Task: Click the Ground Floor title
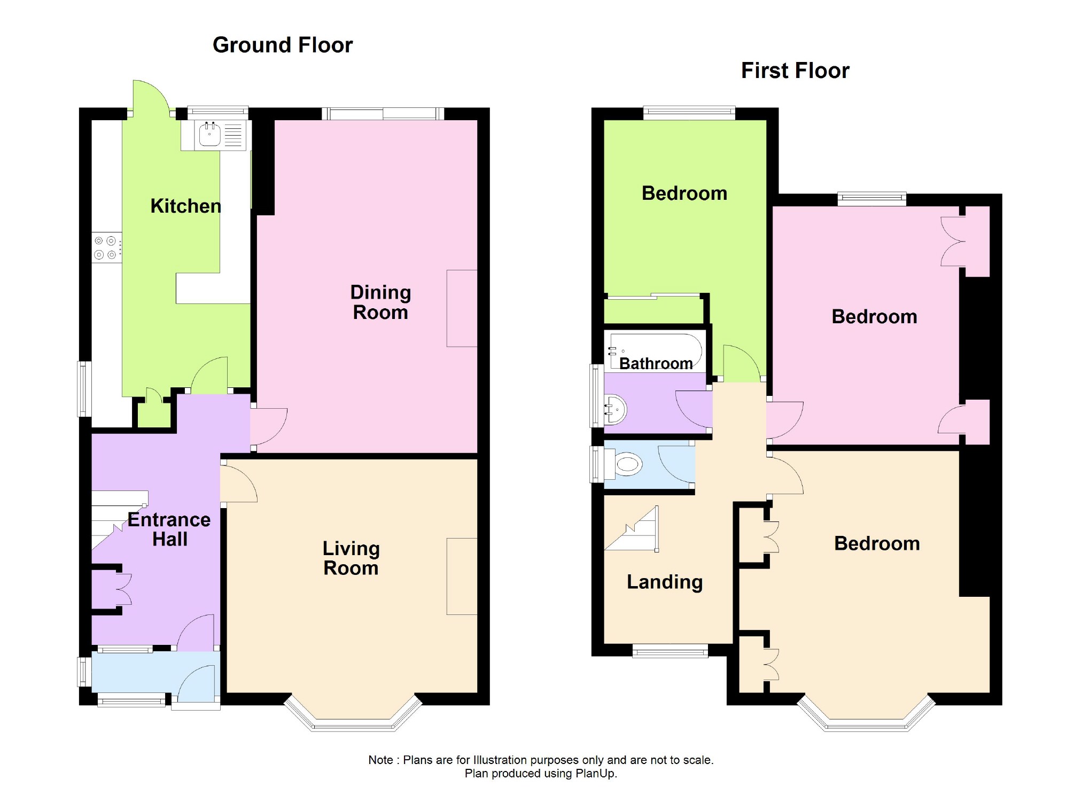282,45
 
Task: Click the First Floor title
795,71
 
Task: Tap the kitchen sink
210,134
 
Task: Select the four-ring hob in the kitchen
106,248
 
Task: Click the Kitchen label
185,206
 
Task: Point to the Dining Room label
380,302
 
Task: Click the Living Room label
351,558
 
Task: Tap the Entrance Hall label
169,529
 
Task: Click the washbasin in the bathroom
615,410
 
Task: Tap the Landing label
664,582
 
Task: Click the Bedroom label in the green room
684,193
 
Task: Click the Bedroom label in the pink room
874,317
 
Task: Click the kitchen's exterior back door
151,96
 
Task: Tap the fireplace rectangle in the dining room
462,308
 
